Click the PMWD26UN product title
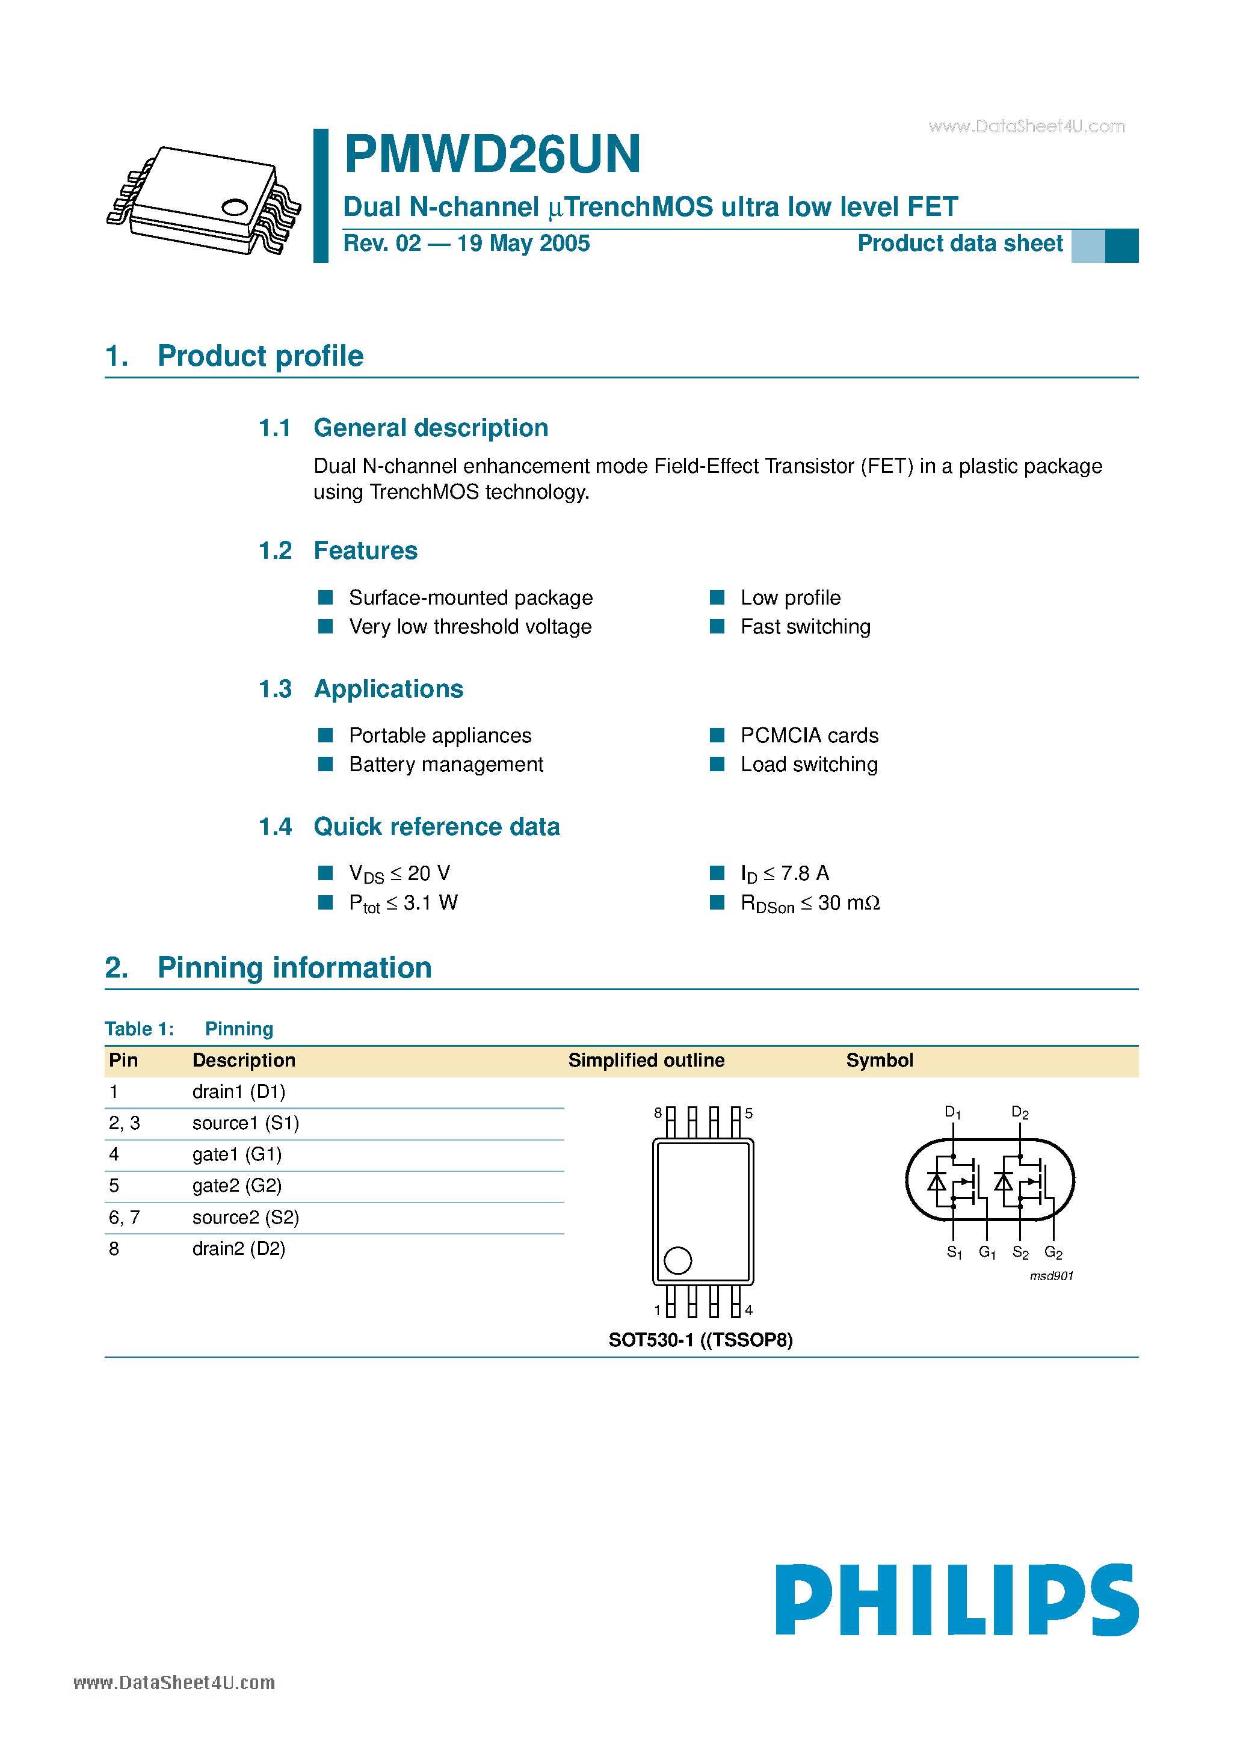click(x=492, y=155)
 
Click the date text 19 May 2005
click(x=523, y=244)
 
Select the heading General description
click(x=431, y=428)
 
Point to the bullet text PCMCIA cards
click(x=809, y=736)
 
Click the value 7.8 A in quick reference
click(x=804, y=873)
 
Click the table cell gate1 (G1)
click(x=237, y=1154)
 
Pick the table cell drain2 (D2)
click(x=238, y=1249)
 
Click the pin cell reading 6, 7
click(x=124, y=1218)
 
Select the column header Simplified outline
click(x=646, y=1061)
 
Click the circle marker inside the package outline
click(x=677, y=1260)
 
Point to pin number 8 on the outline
click(x=658, y=1112)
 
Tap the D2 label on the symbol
click(x=1019, y=1112)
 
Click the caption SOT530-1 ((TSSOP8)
click(x=700, y=1340)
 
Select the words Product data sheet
click(x=960, y=244)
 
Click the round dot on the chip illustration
click(x=235, y=207)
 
